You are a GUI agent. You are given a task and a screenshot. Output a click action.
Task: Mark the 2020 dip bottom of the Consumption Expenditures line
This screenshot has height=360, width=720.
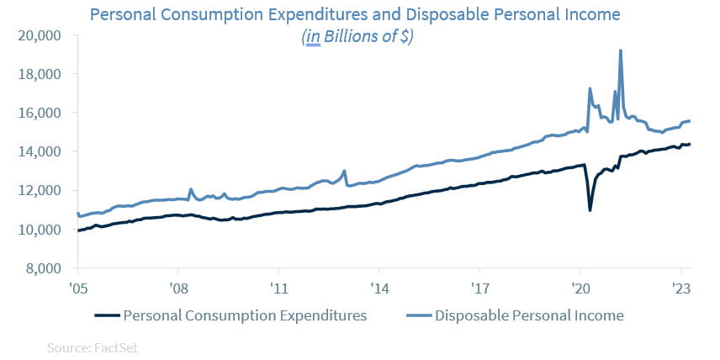590,209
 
